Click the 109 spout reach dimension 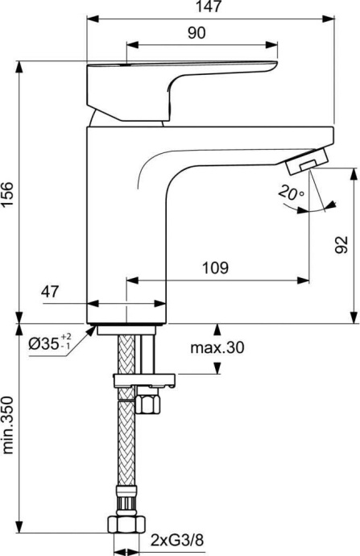215,268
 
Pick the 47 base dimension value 49,292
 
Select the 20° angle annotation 288,194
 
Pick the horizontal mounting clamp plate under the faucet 145,378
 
